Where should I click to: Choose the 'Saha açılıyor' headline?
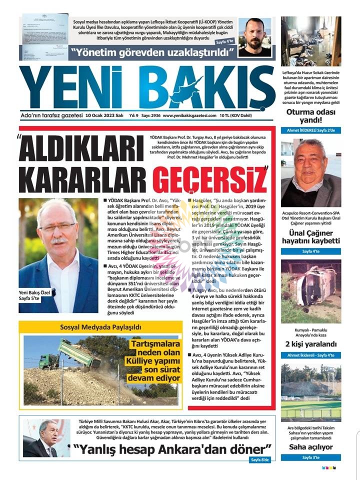310,446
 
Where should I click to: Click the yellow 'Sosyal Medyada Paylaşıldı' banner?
101,327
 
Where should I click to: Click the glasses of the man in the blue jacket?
57,226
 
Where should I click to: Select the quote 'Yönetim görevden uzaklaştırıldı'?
152,52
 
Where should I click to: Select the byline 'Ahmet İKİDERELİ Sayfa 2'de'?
310,130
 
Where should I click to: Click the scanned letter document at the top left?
44,36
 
